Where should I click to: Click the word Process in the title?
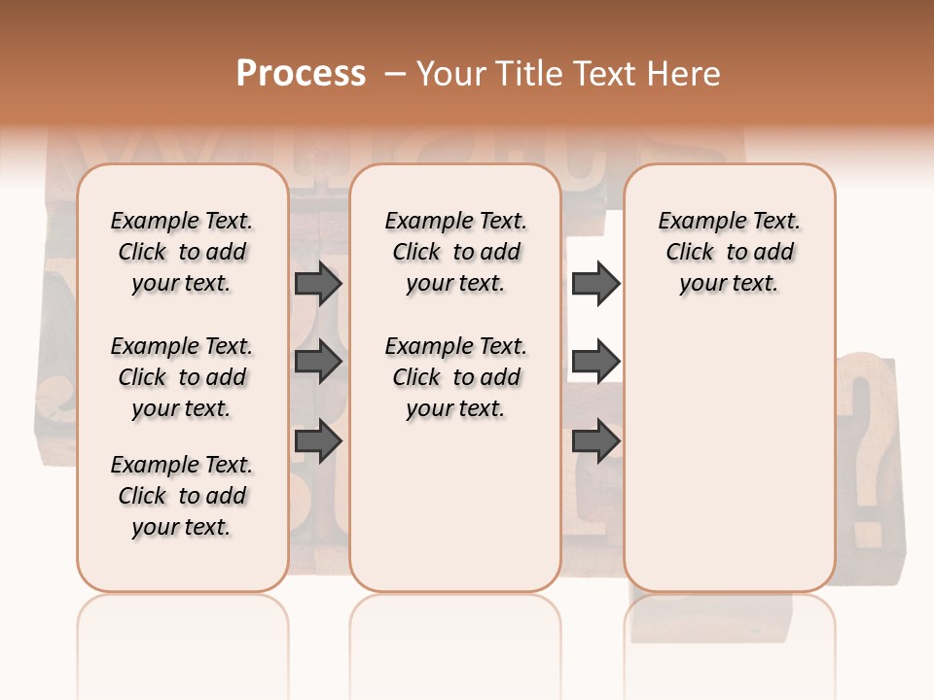pyautogui.click(x=301, y=73)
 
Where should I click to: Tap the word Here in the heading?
pyautogui.click(x=686, y=74)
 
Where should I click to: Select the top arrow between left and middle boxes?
pyautogui.click(x=317, y=283)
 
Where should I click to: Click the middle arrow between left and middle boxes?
pyautogui.click(x=317, y=362)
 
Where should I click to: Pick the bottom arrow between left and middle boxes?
pyautogui.click(x=317, y=441)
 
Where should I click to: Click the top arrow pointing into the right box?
pyautogui.click(x=595, y=283)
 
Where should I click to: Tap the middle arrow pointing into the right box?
pyautogui.click(x=595, y=362)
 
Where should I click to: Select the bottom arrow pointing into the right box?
pyautogui.click(x=595, y=441)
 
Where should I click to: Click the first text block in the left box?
pyautogui.click(x=182, y=252)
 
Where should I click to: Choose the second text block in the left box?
pyautogui.click(x=182, y=377)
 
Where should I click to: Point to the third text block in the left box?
pyautogui.click(x=182, y=496)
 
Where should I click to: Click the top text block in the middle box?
pyautogui.click(x=455, y=252)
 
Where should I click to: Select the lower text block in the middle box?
pyautogui.click(x=455, y=377)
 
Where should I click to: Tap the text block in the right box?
pyautogui.click(x=729, y=252)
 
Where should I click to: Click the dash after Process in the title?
pyautogui.click(x=393, y=74)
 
